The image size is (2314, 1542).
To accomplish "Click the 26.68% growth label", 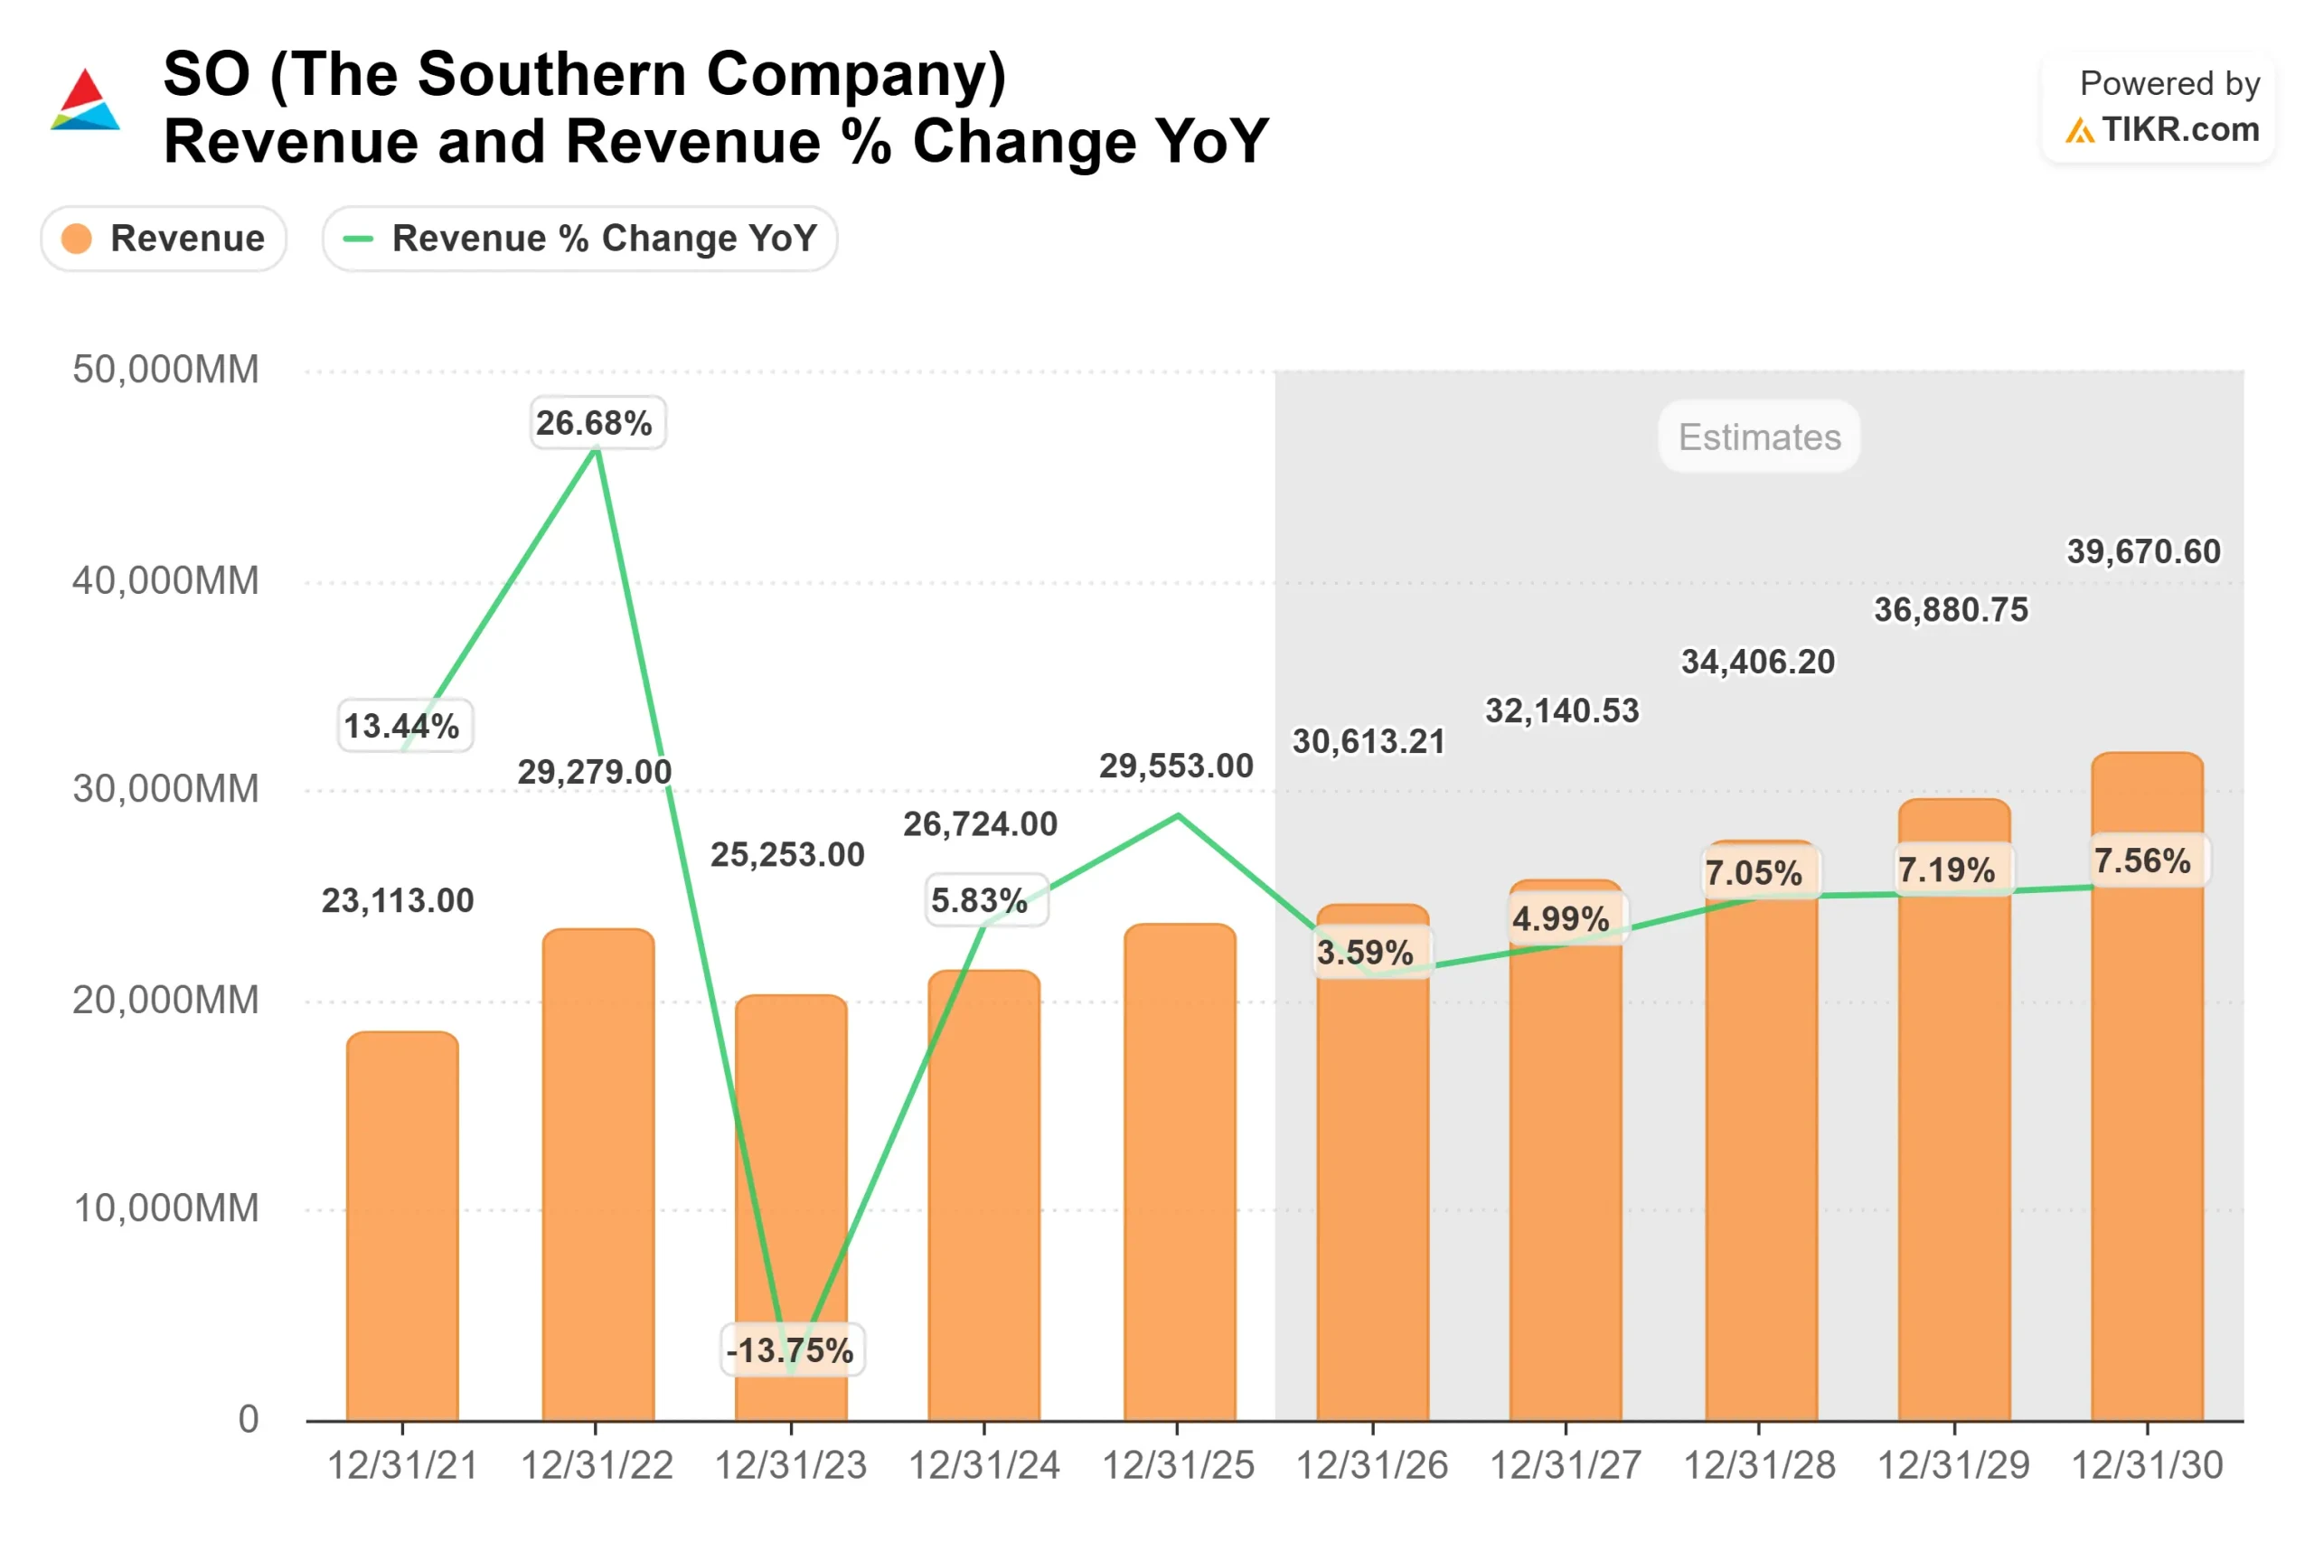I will [x=597, y=423].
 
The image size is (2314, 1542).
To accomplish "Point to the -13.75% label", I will [x=792, y=1350].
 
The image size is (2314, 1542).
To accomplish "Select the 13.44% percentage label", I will [x=404, y=726].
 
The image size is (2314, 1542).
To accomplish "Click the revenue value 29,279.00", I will [x=594, y=772].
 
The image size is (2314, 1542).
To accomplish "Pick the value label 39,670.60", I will [x=2143, y=551].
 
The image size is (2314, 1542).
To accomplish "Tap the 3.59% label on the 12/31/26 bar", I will [x=1366, y=952].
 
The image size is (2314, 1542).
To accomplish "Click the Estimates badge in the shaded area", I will [x=1758, y=437].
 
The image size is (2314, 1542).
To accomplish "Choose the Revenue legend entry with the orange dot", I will [x=164, y=239].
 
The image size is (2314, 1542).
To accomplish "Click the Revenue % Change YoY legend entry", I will [x=579, y=239].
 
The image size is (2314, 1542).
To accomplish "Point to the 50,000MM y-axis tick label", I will [x=165, y=370].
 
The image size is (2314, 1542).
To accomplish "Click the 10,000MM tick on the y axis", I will [x=165, y=1208].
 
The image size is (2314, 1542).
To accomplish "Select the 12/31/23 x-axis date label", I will [x=790, y=1465].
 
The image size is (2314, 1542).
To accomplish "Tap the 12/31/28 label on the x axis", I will [x=1758, y=1465].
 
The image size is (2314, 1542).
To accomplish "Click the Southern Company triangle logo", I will [x=85, y=100].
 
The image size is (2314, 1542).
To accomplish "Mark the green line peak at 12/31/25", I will [x=1178, y=815].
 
